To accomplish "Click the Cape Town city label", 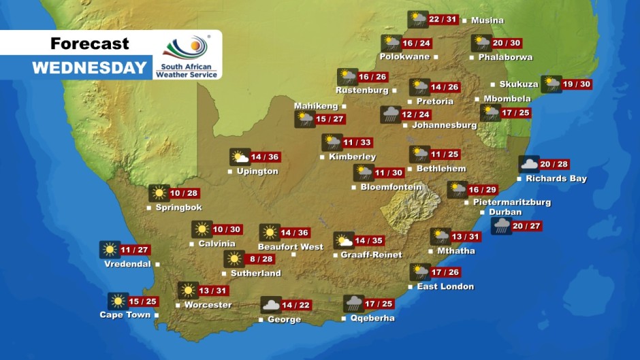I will (125, 315).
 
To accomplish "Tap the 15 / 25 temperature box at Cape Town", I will (143, 301).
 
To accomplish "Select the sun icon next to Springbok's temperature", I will (159, 193).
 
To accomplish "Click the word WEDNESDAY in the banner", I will (89, 67).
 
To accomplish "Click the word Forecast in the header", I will (89, 44).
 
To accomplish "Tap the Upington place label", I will (257, 171).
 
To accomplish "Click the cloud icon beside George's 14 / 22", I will (270, 305).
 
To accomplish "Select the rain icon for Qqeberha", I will (353, 304).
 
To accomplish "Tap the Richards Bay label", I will (556, 179).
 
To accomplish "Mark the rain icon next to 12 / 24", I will (390, 114).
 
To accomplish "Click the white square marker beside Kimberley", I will (322, 157).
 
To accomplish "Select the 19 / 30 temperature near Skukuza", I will (577, 84).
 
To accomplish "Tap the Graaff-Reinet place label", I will (372, 255).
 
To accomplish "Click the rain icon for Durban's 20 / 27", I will (502, 226).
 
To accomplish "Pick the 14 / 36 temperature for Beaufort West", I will (294, 233).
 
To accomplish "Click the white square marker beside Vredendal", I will (157, 264).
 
